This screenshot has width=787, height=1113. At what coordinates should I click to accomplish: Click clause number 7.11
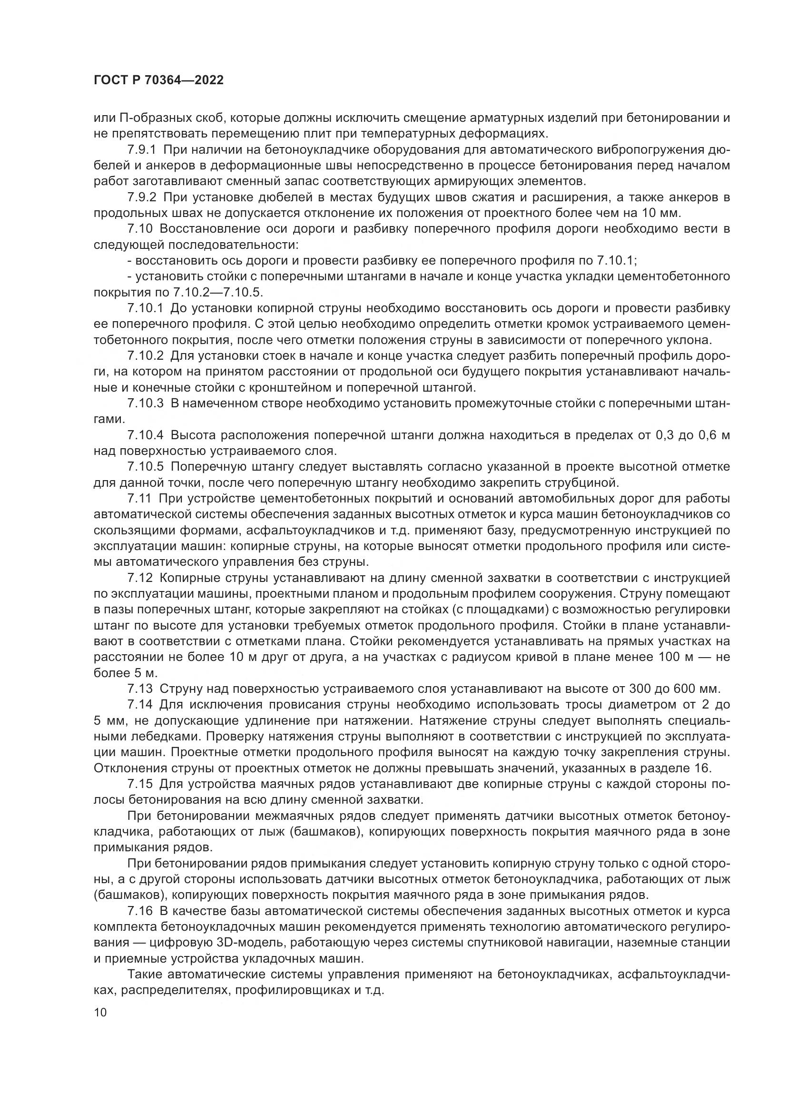coord(138,499)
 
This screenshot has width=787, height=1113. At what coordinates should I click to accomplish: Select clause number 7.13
coord(138,689)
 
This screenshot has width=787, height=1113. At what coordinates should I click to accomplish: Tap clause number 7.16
coord(138,911)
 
